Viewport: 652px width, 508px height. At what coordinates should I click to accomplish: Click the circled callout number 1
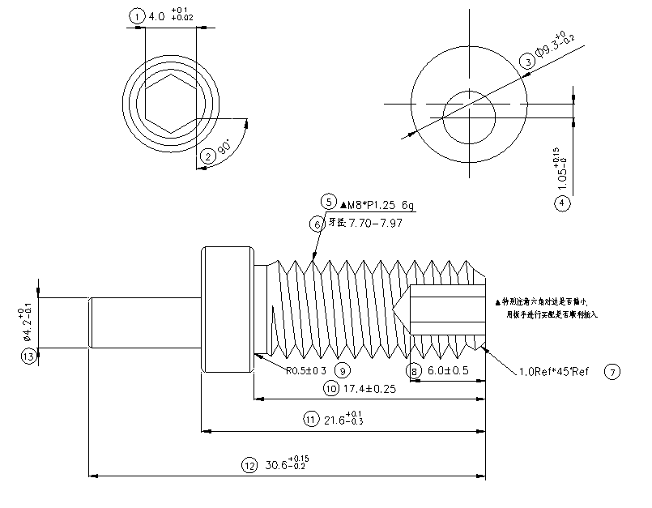[x=137, y=16]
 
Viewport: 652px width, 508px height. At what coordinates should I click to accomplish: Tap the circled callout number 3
[x=526, y=62]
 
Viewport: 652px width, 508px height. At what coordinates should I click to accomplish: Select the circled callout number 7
[x=612, y=372]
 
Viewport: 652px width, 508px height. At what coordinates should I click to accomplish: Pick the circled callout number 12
[x=249, y=465]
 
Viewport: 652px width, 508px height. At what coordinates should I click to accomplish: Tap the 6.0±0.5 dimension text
[x=447, y=371]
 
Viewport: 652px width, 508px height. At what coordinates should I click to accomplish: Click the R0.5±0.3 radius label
[x=306, y=371]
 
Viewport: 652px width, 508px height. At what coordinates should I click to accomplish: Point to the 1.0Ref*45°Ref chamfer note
[x=552, y=373]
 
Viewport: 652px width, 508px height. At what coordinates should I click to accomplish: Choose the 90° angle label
[x=225, y=148]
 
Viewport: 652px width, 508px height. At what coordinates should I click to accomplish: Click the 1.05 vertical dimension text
[x=561, y=169]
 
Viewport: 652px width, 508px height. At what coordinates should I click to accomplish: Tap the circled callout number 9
[x=343, y=371]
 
